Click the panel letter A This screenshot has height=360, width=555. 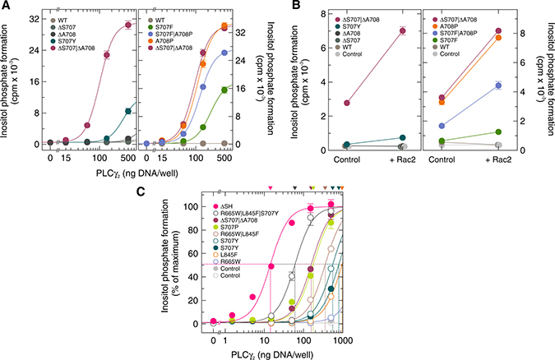(6, 7)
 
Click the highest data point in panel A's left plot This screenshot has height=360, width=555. (128, 25)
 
